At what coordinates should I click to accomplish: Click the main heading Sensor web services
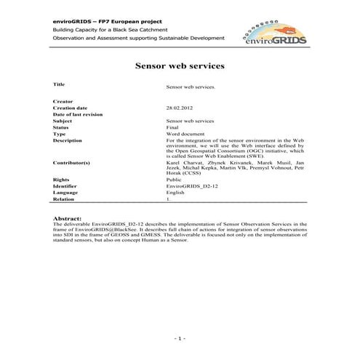[180, 65]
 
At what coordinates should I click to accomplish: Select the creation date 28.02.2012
[180, 108]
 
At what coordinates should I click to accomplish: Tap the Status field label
[61, 127]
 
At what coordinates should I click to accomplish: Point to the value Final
[172, 127]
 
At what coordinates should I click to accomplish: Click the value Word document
[183, 134]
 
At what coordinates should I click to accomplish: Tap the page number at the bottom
[180, 340]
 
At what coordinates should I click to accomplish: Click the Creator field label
[63, 101]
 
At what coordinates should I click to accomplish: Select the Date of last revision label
[78, 114]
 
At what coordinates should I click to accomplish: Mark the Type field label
[60, 134]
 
